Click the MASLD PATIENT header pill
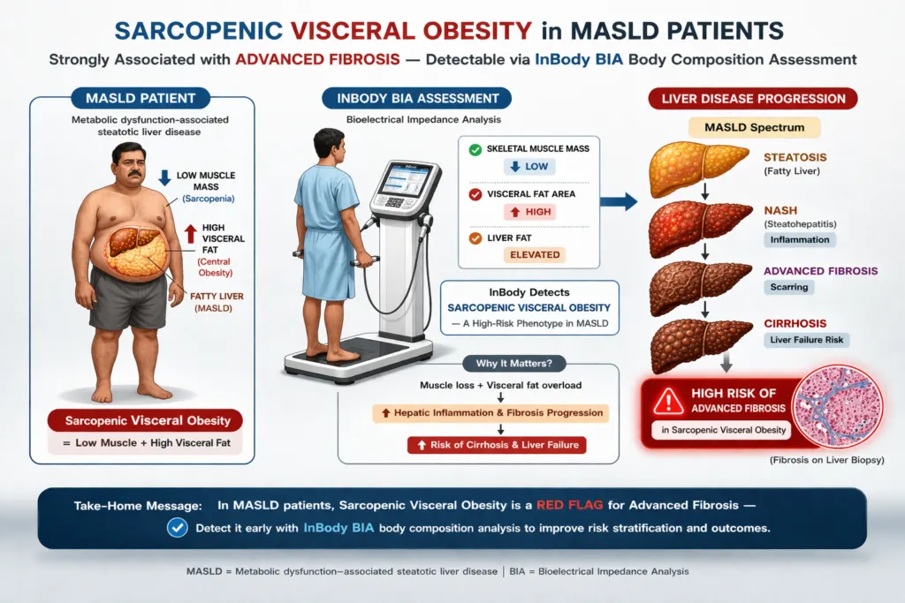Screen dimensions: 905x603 [141, 99]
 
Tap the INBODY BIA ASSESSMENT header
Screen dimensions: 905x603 [417, 99]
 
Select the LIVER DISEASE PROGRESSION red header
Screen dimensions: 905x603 [753, 99]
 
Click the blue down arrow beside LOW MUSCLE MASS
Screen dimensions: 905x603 [164, 177]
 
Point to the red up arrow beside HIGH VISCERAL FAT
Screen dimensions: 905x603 [191, 233]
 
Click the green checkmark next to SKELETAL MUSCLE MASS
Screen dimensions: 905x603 [475, 150]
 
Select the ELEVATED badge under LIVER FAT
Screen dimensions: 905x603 [535, 255]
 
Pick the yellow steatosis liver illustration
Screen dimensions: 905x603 [698, 169]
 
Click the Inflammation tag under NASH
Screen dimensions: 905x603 [800, 240]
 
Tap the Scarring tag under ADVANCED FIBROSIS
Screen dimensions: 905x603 [789, 287]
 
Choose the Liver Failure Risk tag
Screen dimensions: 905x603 [806, 340]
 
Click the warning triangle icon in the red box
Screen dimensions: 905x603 [668, 401]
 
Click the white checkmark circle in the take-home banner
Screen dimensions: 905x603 [177, 527]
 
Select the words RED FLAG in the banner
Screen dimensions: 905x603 [570, 506]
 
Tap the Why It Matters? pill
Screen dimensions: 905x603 [513, 364]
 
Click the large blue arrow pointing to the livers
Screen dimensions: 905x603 [619, 202]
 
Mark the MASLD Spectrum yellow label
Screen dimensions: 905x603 [755, 127]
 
